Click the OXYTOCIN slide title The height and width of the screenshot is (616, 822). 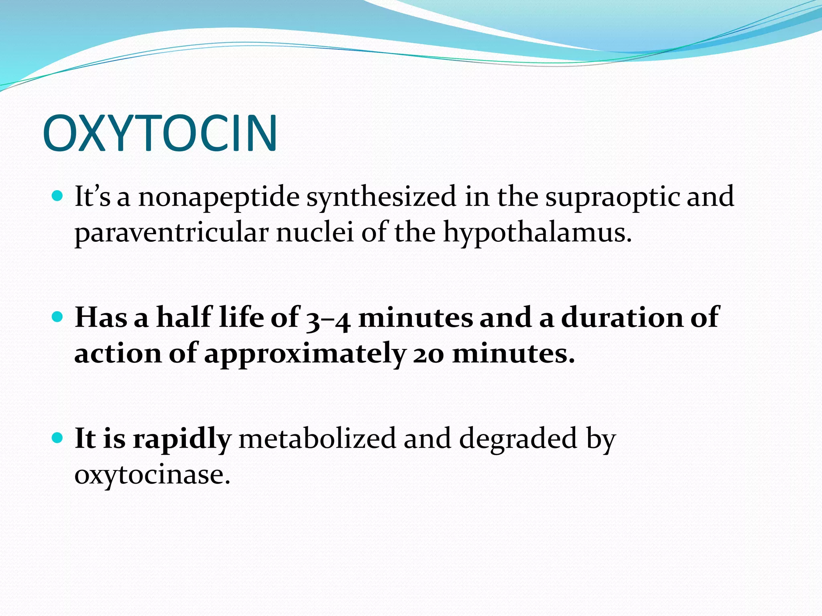coord(160,133)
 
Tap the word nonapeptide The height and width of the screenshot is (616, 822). coord(219,197)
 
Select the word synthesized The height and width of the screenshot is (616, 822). coord(381,197)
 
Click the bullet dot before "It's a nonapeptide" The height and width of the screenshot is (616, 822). coord(58,197)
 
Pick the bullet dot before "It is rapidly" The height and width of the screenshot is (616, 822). coord(58,438)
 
